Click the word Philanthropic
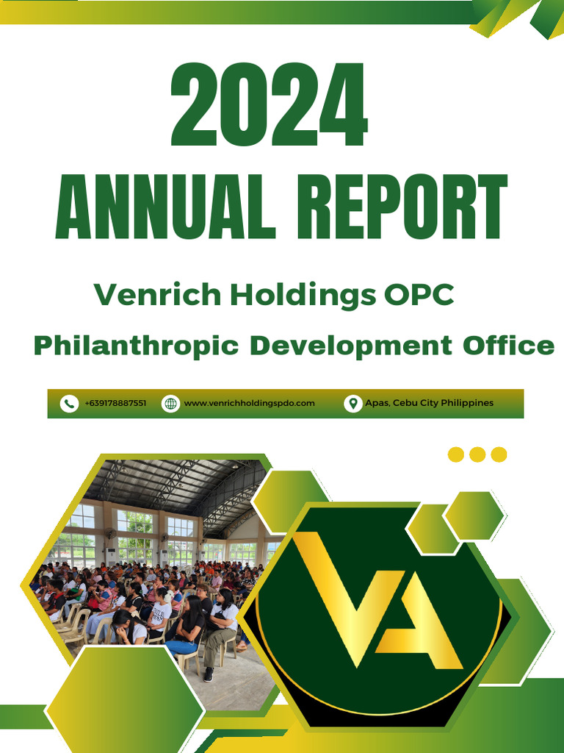(137, 345)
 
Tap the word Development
(350, 345)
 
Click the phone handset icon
(69, 404)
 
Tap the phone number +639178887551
(115, 404)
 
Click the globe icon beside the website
(170, 404)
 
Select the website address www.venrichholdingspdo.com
(249, 404)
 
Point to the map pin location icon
(352, 404)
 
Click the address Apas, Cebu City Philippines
(429, 404)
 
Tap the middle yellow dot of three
(477, 454)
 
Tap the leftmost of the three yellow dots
(456, 454)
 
